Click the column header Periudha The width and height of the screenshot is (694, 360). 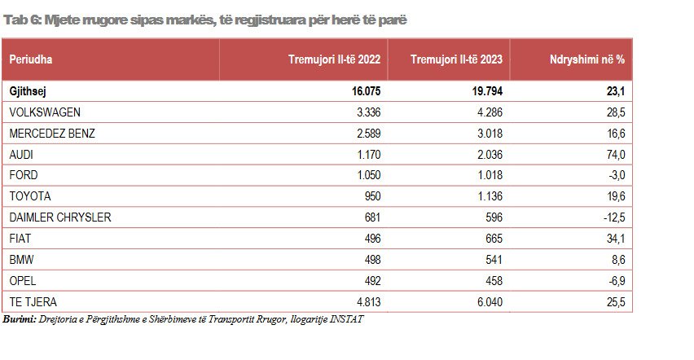click(32, 59)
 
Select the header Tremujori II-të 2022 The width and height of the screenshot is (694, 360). click(334, 59)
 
